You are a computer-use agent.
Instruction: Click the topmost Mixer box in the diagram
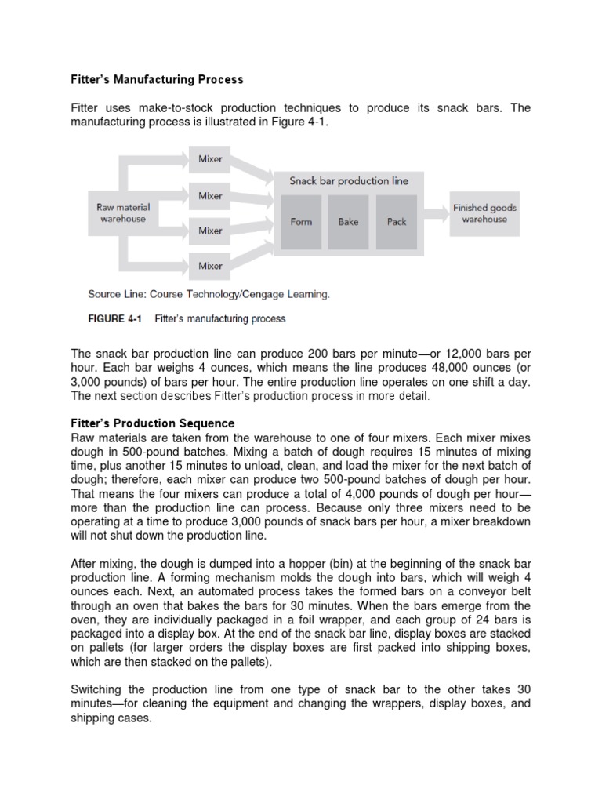(x=210, y=159)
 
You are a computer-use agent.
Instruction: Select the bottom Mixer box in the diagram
(x=210, y=266)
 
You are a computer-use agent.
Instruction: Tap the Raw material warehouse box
(x=123, y=213)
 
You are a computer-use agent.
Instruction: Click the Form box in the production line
(x=301, y=222)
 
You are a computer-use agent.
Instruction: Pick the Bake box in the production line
(x=349, y=222)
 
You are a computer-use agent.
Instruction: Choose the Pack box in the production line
(x=397, y=222)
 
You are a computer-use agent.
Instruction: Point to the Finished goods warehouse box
(x=484, y=213)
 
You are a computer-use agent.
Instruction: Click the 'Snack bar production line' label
(x=350, y=181)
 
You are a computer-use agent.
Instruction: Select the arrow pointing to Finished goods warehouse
(x=436, y=213)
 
